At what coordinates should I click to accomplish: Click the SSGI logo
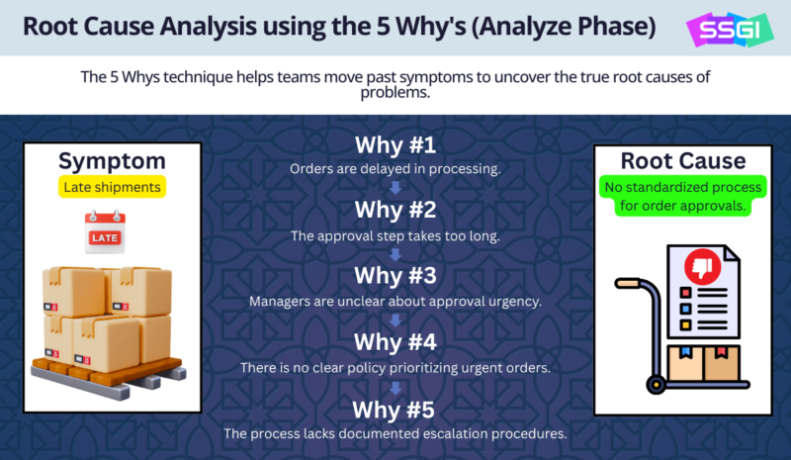(x=731, y=29)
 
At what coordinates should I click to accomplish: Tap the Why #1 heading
(x=395, y=145)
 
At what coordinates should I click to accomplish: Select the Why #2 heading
(x=395, y=211)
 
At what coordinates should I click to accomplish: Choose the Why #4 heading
(x=395, y=342)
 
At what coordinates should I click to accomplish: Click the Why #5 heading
(x=395, y=409)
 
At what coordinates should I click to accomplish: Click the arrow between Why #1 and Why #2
(x=395, y=186)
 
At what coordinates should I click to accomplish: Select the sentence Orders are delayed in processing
(x=395, y=169)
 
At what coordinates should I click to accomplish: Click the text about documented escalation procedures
(x=395, y=433)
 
